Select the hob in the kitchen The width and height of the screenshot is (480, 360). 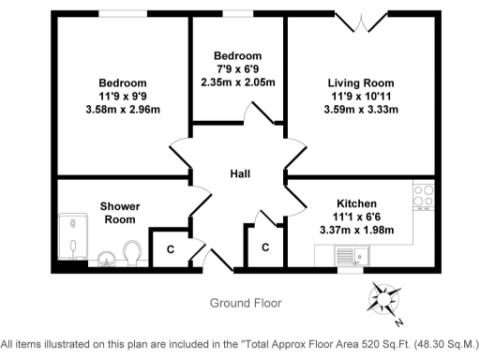tap(423, 195)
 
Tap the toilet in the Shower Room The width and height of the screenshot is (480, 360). tap(132, 251)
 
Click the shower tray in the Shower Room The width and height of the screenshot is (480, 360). tap(71, 236)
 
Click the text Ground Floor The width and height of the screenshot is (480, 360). tap(245, 303)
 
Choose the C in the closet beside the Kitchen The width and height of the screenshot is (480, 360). tap(265, 247)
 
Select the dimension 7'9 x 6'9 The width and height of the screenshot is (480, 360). tap(237, 68)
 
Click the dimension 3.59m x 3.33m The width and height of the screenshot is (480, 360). tap(361, 109)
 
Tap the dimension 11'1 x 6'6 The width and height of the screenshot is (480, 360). tap(356, 217)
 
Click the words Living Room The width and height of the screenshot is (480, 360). tap(361, 82)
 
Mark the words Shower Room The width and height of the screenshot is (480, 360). tap(119, 212)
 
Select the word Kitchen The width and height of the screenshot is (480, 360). tap(356, 203)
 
